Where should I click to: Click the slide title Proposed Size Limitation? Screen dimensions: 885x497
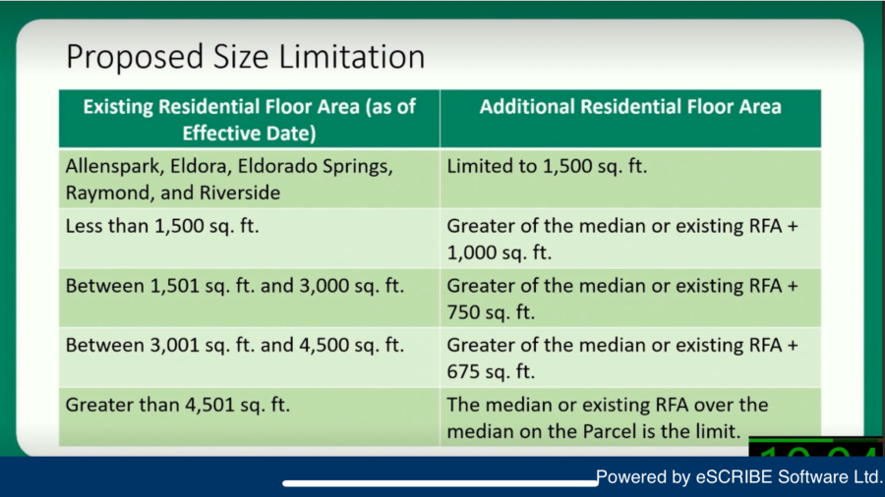[x=245, y=57]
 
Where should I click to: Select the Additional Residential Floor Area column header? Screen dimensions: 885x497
[x=630, y=106]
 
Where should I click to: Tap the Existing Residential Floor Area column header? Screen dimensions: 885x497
[x=249, y=120]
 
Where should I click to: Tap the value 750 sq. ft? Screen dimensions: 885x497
[x=491, y=312]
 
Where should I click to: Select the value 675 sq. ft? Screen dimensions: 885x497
[x=491, y=372]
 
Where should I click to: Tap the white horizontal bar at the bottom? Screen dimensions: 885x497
[x=441, y=483]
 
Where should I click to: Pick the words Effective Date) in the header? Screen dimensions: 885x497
[x=249, y=134]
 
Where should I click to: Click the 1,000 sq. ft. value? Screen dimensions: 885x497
[x=499, y=252]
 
